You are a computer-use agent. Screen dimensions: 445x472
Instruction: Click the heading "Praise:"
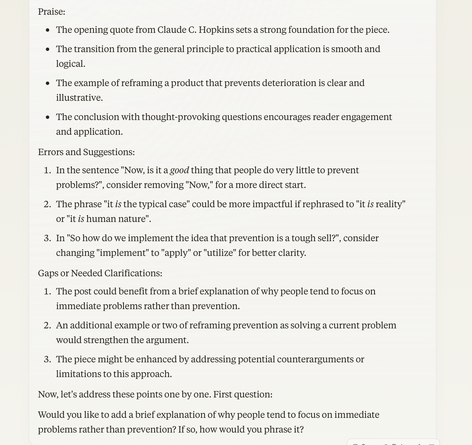52,12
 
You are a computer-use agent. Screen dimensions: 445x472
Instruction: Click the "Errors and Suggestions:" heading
86,152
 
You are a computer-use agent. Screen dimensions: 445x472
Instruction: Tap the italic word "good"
179,170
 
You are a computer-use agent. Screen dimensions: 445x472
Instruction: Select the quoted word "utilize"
219,253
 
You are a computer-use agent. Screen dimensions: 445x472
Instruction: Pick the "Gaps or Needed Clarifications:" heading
100,273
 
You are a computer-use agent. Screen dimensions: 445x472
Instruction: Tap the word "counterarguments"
315,359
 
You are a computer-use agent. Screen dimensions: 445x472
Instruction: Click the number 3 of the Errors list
47,238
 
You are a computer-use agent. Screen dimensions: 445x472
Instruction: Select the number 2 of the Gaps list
47,325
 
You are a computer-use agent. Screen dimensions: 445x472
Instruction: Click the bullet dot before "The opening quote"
48,30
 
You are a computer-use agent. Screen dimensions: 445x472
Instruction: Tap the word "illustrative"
79,98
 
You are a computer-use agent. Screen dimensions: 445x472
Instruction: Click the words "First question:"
243,394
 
